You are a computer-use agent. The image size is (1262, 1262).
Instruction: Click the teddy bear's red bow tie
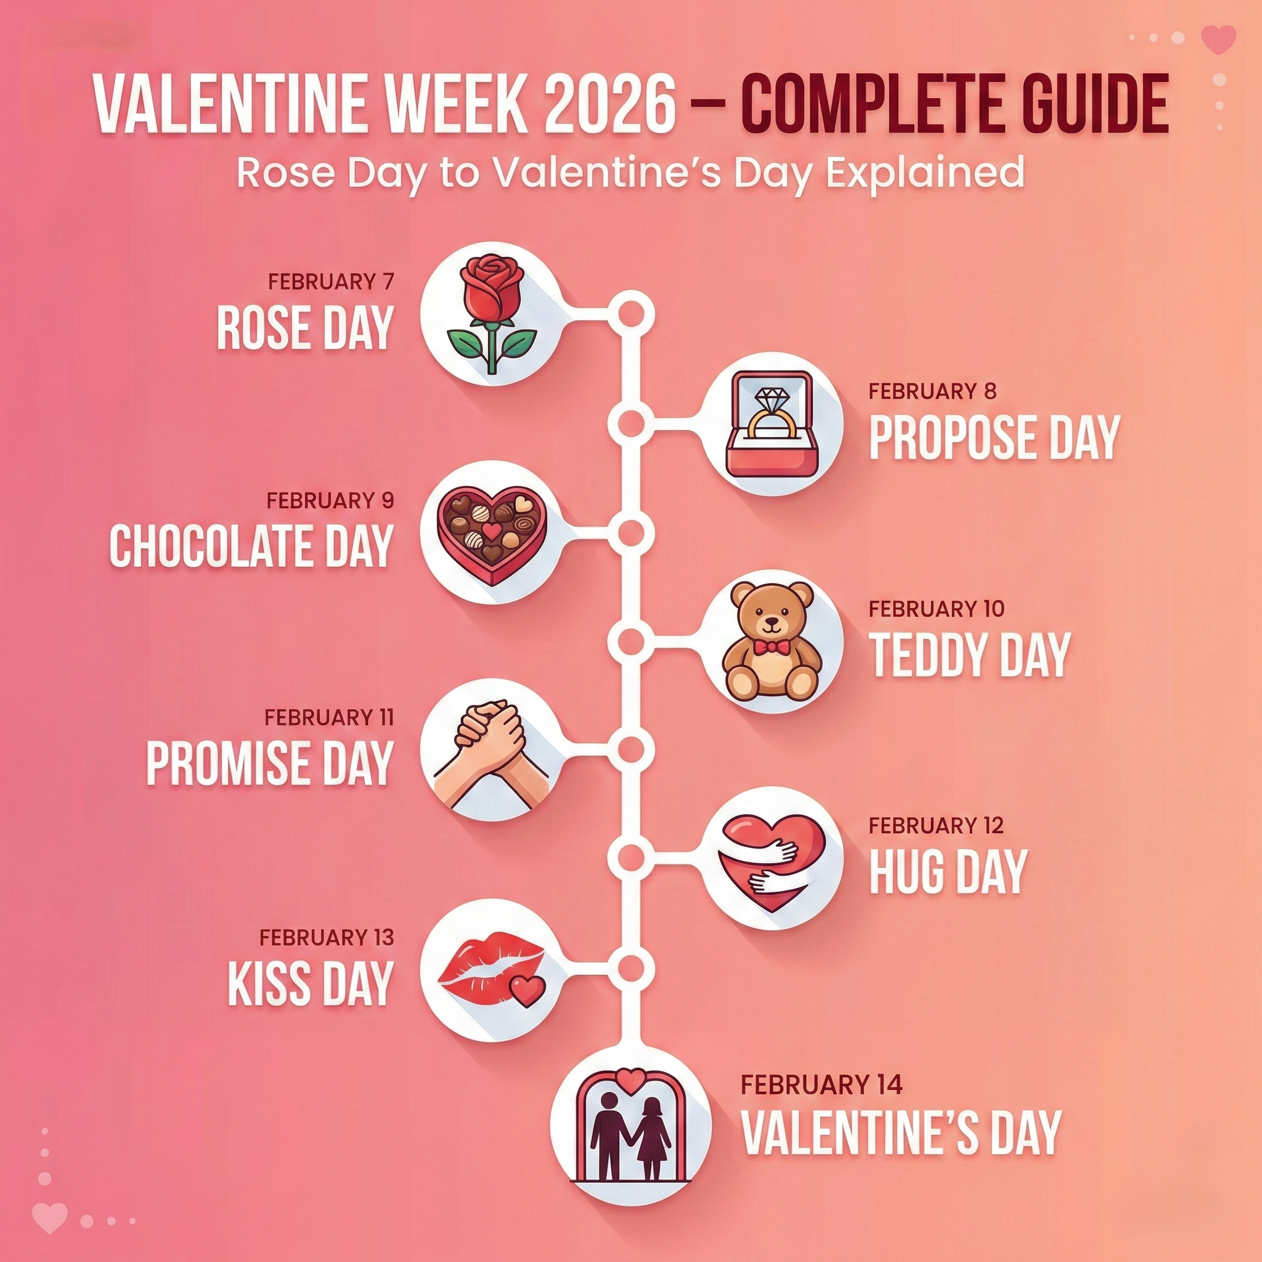coord(770,646)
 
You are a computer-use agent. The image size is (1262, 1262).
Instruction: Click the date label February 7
coord(331,282)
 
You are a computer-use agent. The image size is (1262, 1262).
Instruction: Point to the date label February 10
coord(936,609)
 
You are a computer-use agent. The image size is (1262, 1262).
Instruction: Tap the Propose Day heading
coord(994,437)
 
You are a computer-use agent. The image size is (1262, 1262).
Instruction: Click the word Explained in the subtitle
coord(924,173)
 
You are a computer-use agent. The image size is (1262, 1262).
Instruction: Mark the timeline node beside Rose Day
coord(631,314)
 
